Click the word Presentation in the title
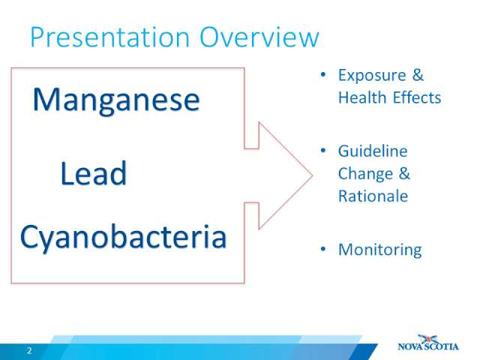tap(110, 37)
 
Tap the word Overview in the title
tap(259, 37)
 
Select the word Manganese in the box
tap(116, 100)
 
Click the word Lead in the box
tap(93, 173)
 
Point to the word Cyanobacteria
tap(123, 238)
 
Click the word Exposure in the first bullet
tap(372, 76)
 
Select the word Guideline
tap(373, 151)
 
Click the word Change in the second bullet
tap(365, 174)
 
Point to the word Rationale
tap(373, 196)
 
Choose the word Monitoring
tap(380, 250)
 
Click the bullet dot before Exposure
tap(323, 74)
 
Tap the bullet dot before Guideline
tap(323, 151)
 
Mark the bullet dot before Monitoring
tap(323, 249)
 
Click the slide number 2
tap(29, 351)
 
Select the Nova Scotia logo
tap(428, 343)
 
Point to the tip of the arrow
tap(313, 175)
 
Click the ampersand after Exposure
tap(418, 75)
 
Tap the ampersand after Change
tap(404, 173)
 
